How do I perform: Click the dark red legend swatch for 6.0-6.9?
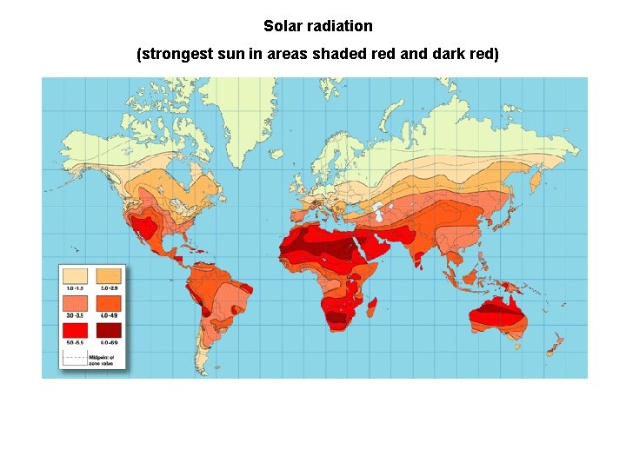tap(108, 331)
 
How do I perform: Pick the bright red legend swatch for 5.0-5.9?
tap(76, 331)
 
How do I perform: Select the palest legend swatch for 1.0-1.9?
tap(76, 275)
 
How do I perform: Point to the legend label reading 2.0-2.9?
tap(108, 287)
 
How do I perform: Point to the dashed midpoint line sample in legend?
tap(74, 357)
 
